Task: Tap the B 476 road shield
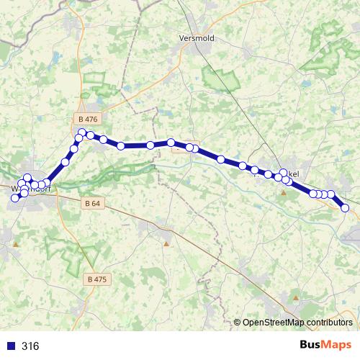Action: tap(89, 119)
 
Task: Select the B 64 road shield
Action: tap(92, 204)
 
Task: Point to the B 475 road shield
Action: tap(96, 279)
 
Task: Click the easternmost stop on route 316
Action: tap(345, 208)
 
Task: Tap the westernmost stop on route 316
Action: tap(14, 197)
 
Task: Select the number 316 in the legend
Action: tap(30, 346)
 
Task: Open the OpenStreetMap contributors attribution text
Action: tap(298, 323)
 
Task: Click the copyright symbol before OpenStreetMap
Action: tap(238, 323)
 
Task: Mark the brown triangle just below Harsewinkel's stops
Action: tap(284, 192)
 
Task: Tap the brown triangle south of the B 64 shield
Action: tap(167, 243)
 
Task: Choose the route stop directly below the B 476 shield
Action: tap(83, 132)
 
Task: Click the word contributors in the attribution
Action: tap(328, 323)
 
